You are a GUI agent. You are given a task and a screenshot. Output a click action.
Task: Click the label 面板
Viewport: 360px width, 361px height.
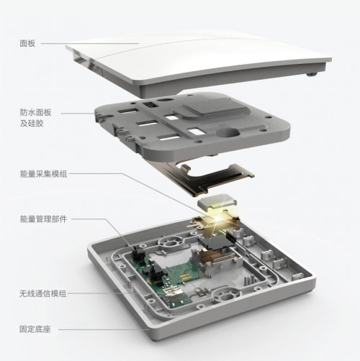pos(27,43)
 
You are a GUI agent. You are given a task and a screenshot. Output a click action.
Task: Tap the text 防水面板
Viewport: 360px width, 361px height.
pos(35,112)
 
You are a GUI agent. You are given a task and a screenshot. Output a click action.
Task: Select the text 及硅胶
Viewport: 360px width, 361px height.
pos(32,124)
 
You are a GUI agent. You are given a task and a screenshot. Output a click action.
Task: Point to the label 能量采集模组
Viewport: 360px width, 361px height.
pos(43,174)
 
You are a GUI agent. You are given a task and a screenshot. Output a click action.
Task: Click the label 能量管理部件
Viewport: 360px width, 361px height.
pos(43,219)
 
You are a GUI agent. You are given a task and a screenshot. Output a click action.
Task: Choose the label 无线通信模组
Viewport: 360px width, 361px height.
pos(42,293)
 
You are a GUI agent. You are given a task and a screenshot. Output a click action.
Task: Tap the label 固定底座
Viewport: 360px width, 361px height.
pos(35,329)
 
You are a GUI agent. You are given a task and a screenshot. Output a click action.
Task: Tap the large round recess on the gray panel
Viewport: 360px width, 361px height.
pos(228,132)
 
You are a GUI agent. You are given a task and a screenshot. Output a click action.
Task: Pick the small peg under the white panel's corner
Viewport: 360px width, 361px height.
pos(311,74)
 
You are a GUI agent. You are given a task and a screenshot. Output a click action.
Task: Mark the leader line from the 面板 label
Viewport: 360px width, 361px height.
pos(90,43)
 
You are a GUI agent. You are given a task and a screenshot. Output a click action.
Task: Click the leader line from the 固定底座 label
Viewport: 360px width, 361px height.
pos(104,329)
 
